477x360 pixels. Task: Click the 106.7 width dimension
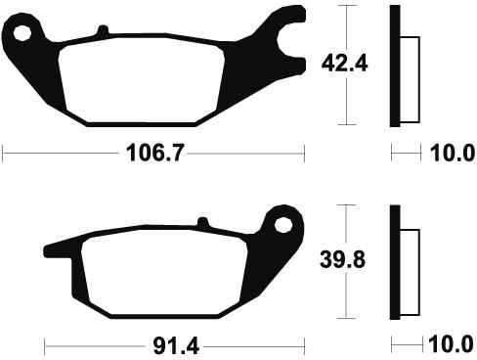point(155,153)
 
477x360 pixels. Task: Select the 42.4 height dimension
point(344,64)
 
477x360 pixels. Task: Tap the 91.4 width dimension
point(176,346)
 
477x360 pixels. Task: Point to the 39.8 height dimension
point(342,259)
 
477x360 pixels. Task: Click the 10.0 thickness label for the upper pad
point(453,153)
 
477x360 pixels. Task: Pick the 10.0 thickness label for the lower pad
point(451,344)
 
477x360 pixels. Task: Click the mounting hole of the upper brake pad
point(22,33)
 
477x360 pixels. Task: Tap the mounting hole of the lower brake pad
point(282,225)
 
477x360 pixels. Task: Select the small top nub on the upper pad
point(103,29)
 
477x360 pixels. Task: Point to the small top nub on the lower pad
point(202,222)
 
